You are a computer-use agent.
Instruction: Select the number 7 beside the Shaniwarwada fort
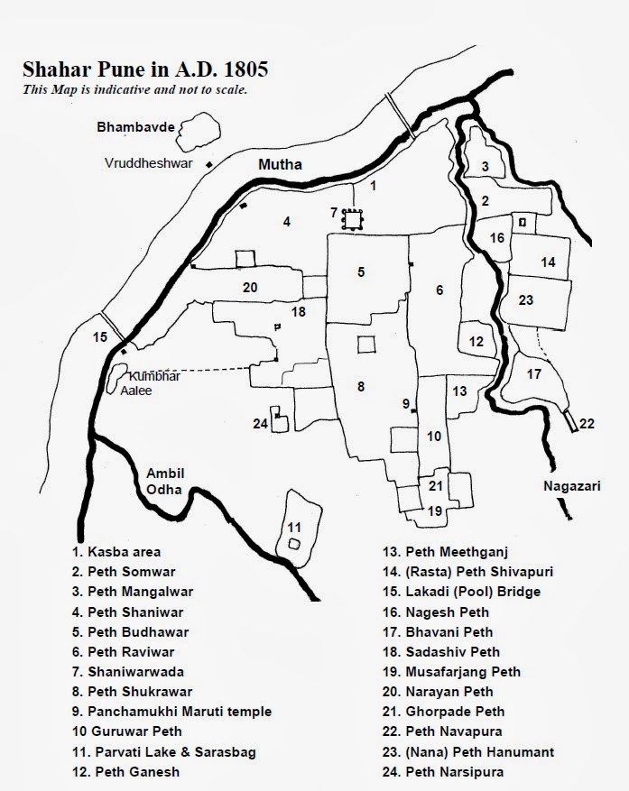coord(334,213)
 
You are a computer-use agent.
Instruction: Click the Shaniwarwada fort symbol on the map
coord(352,217)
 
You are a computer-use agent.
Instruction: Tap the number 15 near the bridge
coord(100,337)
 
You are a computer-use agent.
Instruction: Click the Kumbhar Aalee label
coord(152,382)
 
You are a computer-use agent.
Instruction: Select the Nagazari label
coord(569,485)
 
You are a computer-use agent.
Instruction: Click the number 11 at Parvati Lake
coord(293,527)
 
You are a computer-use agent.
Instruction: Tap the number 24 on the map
coord(261,423)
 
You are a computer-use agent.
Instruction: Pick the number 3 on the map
coord(485,166)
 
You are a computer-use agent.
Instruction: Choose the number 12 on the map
coord(476,342)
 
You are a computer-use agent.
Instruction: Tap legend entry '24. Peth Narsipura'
coord(440,771)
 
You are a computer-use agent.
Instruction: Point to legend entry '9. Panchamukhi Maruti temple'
coord(172,712)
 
